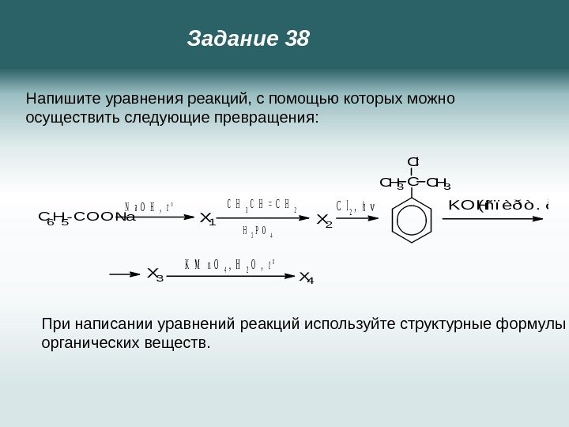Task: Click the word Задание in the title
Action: point(231,38)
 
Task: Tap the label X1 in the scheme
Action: point(208,218)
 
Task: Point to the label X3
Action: point(155,275)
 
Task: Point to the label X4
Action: point(306,277)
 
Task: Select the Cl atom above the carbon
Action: point(412,163)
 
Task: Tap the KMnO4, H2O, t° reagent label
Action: point(229,265)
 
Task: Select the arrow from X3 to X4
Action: point(229,275)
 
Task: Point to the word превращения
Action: point(273,118)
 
